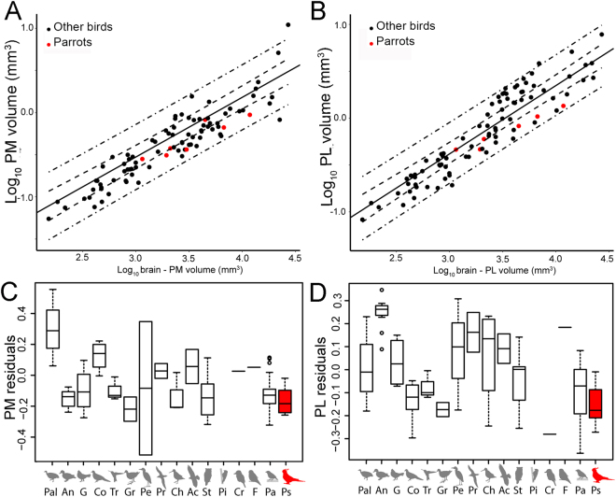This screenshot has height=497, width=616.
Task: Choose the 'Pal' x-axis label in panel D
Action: click(365, 488)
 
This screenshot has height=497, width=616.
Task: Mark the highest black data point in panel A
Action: click(287, 24)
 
